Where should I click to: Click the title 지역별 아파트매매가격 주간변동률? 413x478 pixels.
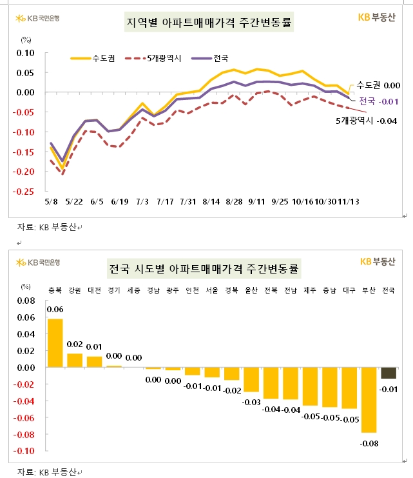tap(207, 25)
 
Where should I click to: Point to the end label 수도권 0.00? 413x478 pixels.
tap(378, 85)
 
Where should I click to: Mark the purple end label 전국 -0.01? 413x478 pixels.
tap(379, 101)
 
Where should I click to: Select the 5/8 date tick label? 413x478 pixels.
tap(51, 201)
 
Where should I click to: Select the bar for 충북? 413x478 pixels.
tap(55, 343)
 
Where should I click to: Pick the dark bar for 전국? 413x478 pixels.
tap(389, 373)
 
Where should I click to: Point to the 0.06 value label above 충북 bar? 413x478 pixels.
tap(55, 310)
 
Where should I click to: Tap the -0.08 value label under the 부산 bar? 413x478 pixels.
tap(369, 443)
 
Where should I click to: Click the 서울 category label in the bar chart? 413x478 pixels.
tap(212, 290)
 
